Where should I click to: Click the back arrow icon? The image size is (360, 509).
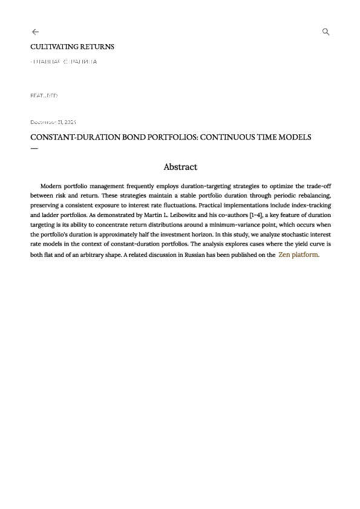coord(35,32)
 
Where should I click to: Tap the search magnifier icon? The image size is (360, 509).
coord(326,32)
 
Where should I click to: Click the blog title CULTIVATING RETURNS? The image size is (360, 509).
coord(72,47)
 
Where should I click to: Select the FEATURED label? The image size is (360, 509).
coord(44,96)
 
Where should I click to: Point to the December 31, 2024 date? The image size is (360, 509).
coord(53,122)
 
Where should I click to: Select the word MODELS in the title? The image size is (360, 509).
coord(295,137)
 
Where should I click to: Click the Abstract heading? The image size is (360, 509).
coord(180,167)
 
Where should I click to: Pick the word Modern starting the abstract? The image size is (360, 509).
coord(52,186)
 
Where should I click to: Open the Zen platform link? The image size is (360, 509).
coord(298,254)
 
